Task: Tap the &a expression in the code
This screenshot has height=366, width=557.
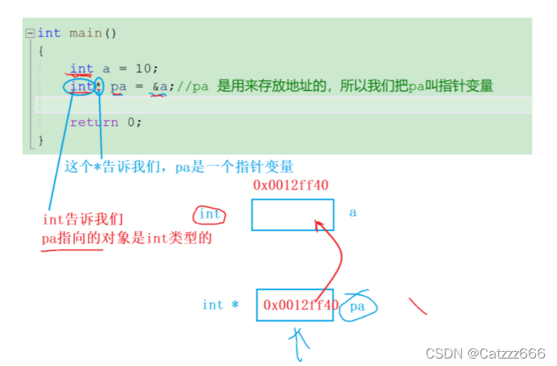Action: [160, 87]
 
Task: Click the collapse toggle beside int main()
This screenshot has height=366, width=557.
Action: [29, 33]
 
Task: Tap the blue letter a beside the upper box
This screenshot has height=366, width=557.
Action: [353, 213]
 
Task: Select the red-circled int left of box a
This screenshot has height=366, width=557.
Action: [209, 214]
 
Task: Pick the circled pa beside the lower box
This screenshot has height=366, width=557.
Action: [357, 306]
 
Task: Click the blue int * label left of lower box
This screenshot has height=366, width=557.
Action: [220, 305]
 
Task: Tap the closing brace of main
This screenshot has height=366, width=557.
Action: [41, 140]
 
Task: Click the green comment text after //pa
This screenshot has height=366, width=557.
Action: [355, 87]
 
